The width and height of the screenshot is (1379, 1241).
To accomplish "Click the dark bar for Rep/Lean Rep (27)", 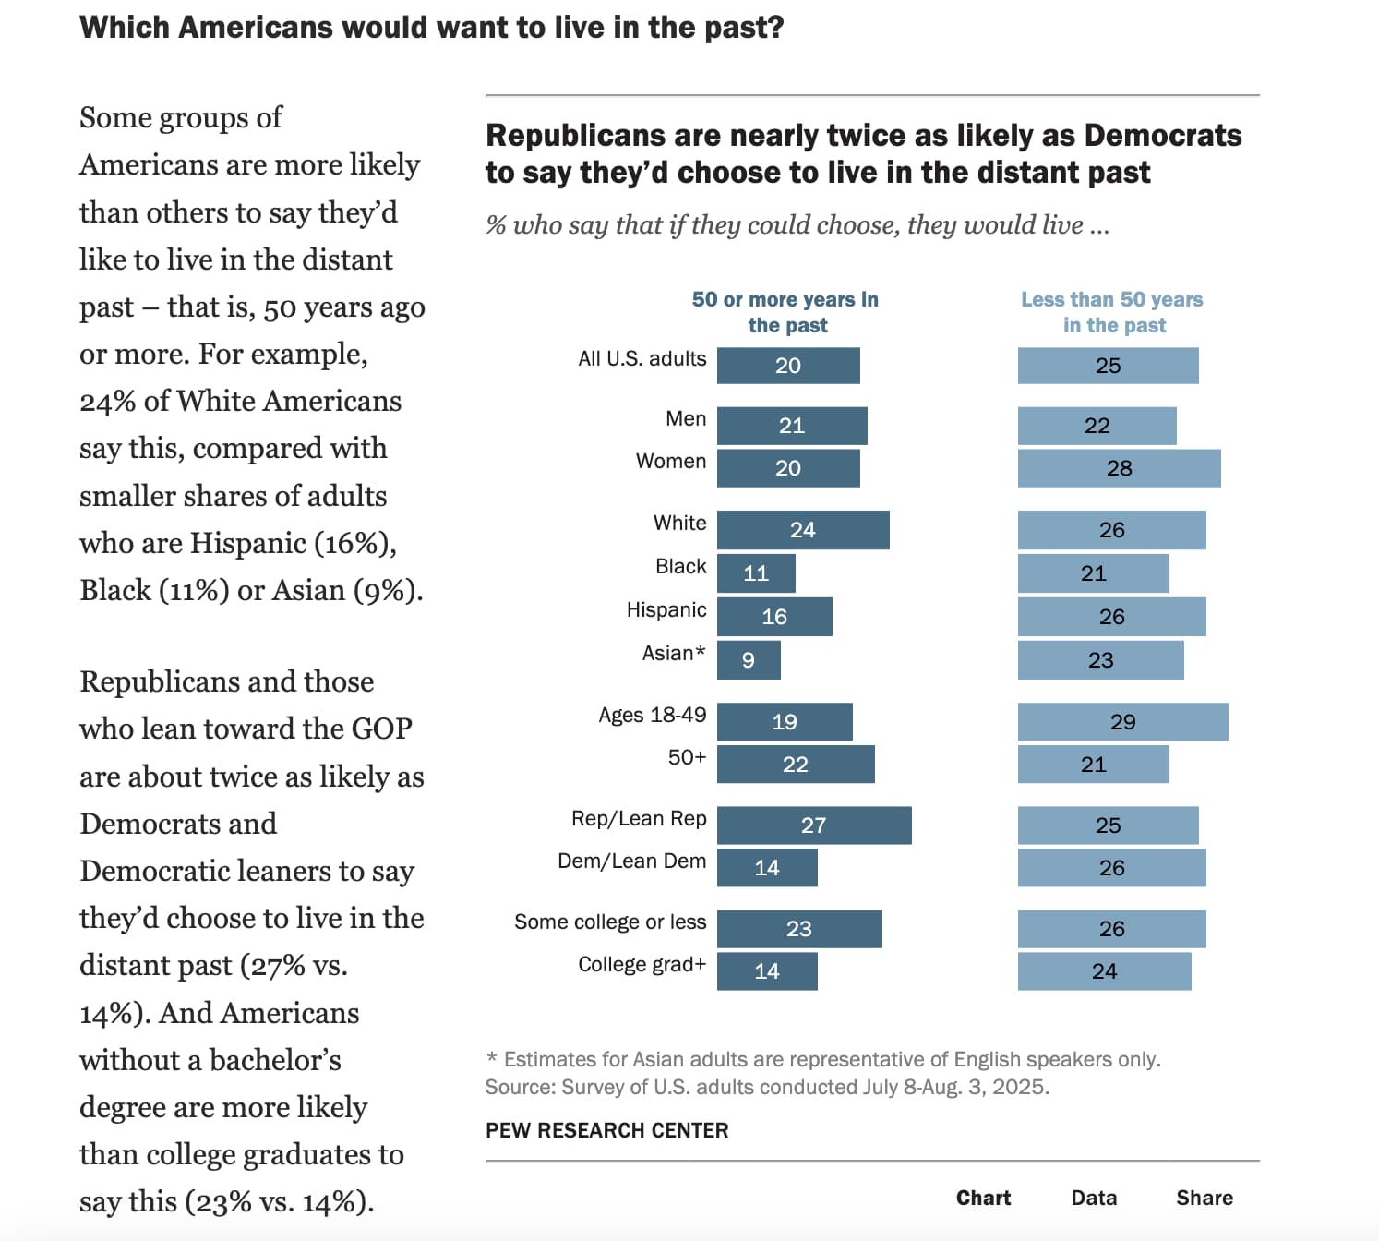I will click(x=814, y=825).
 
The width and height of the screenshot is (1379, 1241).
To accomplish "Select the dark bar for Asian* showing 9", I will click(x=749, y=660).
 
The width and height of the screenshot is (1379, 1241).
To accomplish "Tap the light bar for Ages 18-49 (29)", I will click(x=1122, y=722).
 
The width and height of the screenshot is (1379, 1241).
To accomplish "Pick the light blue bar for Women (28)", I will click(x=1119, y=468).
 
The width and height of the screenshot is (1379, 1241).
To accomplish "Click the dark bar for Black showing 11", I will click(x=756, y=573).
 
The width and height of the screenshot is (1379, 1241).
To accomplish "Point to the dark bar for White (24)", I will click(x=803, y=530).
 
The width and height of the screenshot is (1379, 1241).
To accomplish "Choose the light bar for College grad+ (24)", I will click(x=1104, y=971).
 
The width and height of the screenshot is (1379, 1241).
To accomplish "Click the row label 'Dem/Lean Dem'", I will click(x=631, y=861).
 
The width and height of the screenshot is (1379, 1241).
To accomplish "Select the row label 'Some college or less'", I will click(x=610, y=922).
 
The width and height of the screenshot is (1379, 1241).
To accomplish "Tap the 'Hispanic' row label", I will click(x=666, y=610).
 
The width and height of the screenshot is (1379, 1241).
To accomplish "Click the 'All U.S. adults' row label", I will click(x=642, y=359).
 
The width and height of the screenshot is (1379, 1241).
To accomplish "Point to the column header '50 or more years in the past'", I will click(x=785, y=312).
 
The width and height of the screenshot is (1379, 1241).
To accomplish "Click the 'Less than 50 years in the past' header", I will click(x=1112, y=312).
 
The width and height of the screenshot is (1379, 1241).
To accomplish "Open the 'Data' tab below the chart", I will click(x=1094, y=1198).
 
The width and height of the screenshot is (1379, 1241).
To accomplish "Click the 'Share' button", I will click(x=1204, y=1198).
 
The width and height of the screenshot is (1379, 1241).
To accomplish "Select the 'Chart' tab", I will click(x=983, y=1198).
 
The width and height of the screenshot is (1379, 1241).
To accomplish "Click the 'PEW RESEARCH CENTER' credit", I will click(x=606, y=1130).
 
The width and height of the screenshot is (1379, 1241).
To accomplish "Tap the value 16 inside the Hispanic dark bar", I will click(x=774, y=617).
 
